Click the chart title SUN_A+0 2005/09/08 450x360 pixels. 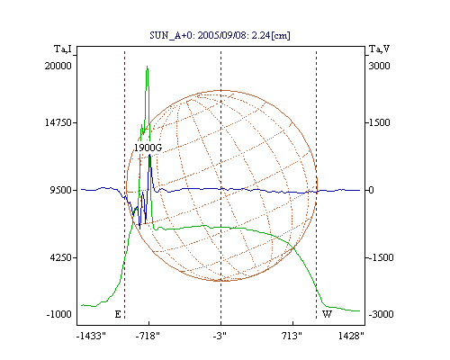click(x=220, y=35)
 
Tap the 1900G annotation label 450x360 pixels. click(x=148, y=148)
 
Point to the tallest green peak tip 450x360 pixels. click(x=147, y=67)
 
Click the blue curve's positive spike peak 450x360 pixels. click(x=149, y=155)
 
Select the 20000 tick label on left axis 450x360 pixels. click(x=58, y=66)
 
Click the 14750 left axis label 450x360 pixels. click(x=58, y=122)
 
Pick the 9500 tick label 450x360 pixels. click(x=61, y=190)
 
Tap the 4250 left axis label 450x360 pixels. click(x=61, y=257)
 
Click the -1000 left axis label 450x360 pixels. click(x=59, y=314)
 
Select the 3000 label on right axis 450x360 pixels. click(x=379, y=66)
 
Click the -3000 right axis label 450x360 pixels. click(x=382, y=314)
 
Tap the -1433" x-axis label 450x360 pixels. click(x=91, y=336)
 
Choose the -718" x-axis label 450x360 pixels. click(x=148, y=336)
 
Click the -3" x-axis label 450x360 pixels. click(x=220, y=336)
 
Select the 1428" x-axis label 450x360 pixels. click(x=351, y=336)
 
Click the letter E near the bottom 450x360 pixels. click(x=118, y=314)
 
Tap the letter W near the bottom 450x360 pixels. click(x=327, y=314)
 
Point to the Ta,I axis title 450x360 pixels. click(x=63, y=49)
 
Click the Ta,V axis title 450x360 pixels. click(x=379, y=49)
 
